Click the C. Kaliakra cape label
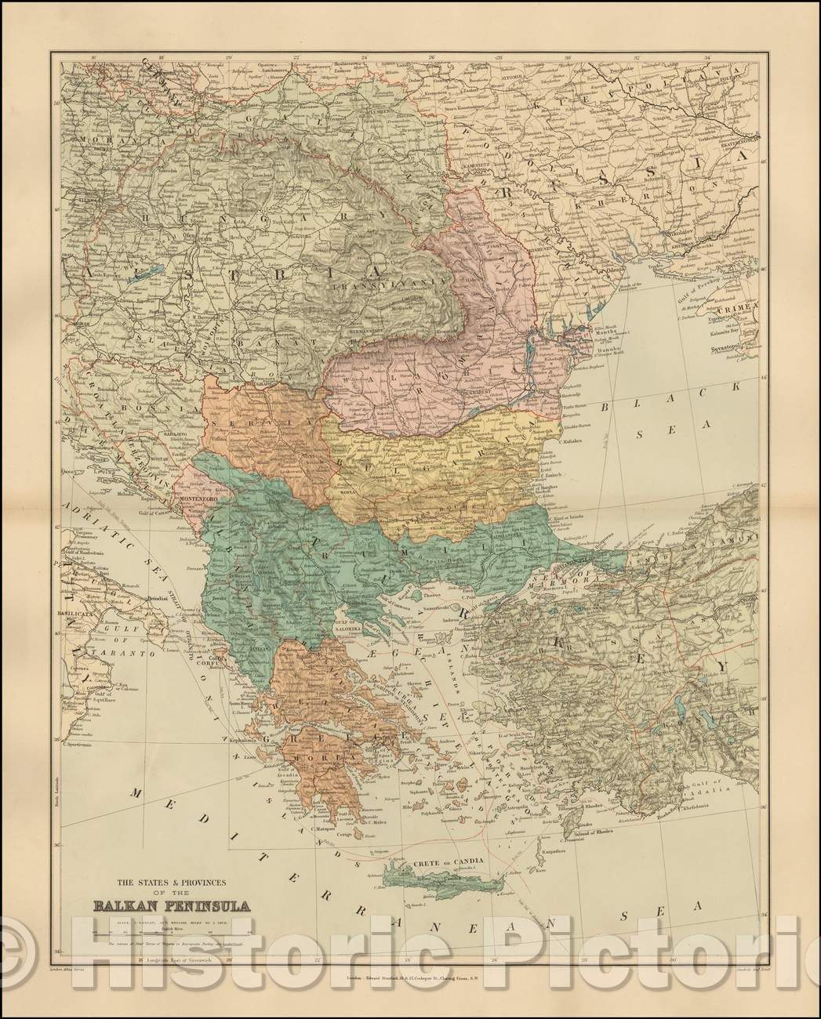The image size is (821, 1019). pos(572,441)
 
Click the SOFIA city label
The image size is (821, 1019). pos(347,491)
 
